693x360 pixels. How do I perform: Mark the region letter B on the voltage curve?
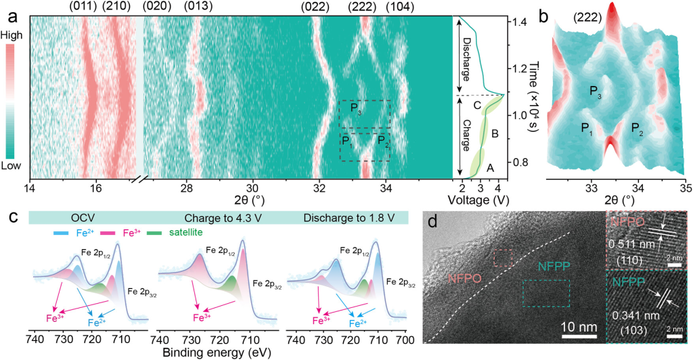495,134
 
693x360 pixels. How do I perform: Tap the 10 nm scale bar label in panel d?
579,327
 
